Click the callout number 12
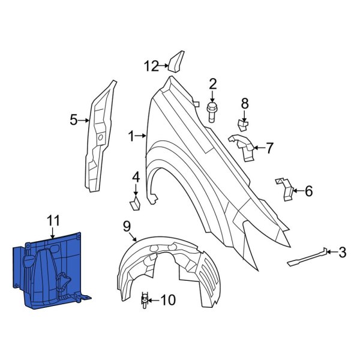[152, 65]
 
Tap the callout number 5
[74, 120]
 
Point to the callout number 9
[127, 226]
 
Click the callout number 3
[342, 253]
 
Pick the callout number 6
[308, 191]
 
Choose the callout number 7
[269, 147]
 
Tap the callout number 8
[245, 104]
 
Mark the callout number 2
[212, 83]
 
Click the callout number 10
[169, 299]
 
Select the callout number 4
[136, 177]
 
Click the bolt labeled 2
[212, 112]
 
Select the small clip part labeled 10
[145, 299]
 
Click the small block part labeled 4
[135, 203]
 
